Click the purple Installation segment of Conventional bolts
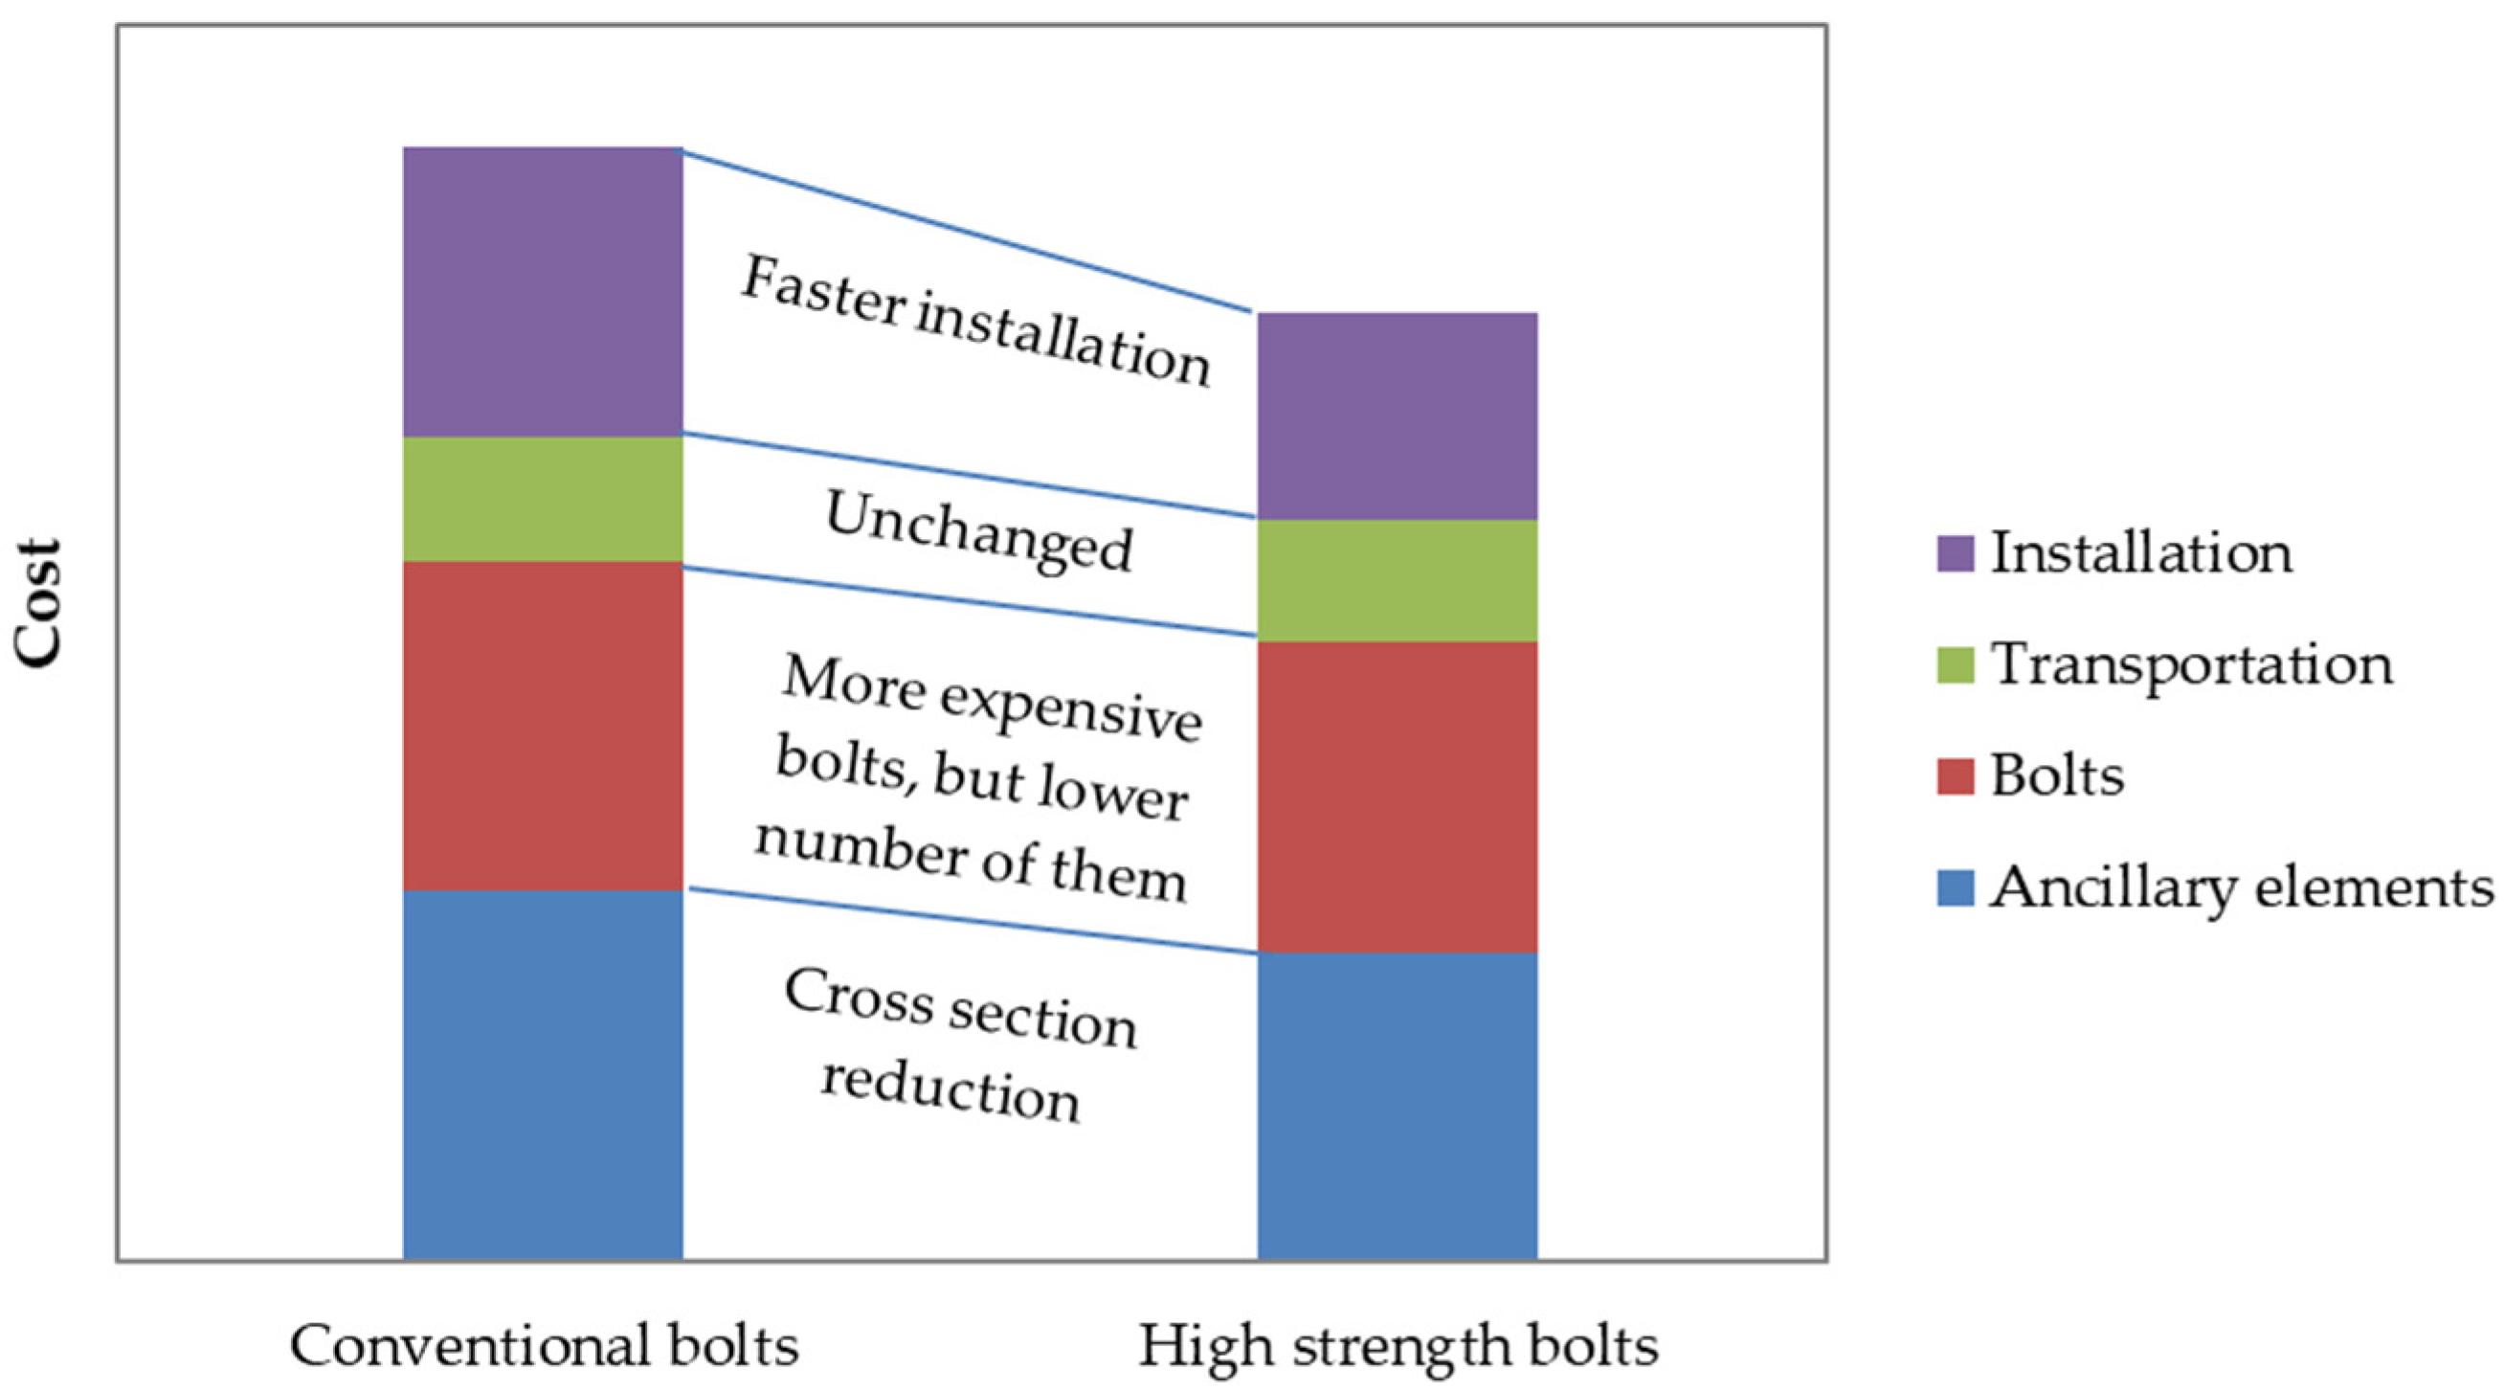pos(543,292)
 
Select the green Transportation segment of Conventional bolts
pos(543,499)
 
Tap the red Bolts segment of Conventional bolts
pos(543,726)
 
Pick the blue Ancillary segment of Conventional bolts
pos(543,1075)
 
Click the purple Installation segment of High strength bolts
pos(1398,416)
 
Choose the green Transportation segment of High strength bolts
pos(1398,581)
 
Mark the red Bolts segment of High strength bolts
pos(1398,796)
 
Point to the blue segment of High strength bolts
pos(1398,1106)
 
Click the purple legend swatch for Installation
pos(1955,553)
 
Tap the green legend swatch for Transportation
pos(1955,665)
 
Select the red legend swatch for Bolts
pos(1955,776)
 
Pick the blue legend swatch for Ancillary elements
pos(1955,888)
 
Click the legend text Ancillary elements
pos(2242,888)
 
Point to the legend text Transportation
pos(2192,665)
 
